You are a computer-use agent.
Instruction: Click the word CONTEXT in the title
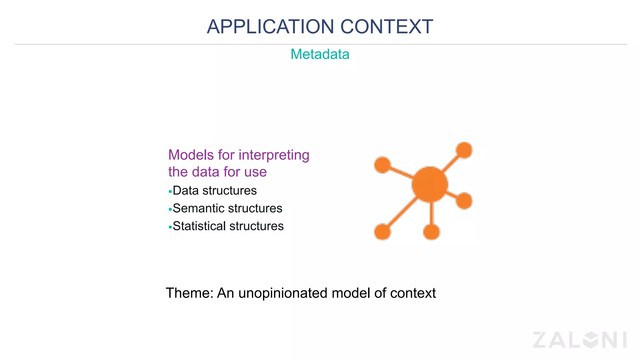387,27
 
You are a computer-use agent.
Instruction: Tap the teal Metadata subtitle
320,54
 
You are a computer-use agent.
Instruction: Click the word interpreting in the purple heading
274,155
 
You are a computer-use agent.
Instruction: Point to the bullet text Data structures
215,191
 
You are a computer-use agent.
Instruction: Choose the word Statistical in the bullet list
199,226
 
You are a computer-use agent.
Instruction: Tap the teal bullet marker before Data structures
170,191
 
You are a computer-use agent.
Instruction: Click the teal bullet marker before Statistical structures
170,227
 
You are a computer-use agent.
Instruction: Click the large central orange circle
430,184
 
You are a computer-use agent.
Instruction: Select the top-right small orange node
464,150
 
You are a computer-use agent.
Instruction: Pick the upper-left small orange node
382,165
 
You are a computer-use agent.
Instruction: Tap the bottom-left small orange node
382,232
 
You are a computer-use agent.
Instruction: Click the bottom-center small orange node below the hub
431,232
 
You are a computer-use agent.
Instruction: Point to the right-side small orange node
464,201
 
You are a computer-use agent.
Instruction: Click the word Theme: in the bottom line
189,293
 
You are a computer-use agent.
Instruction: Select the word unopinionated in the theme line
283,293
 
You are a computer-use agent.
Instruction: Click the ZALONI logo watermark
580,340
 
